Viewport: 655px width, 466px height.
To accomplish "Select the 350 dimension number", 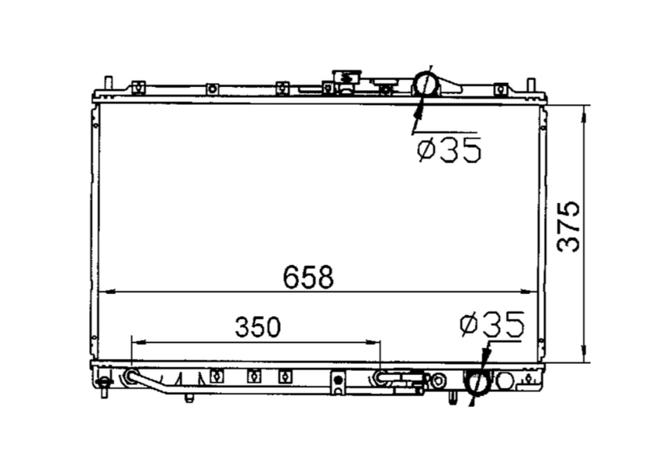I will (258, 328).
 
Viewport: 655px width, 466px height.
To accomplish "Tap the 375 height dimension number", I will (569, 226).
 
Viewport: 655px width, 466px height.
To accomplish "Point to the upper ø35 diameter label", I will (449, 150).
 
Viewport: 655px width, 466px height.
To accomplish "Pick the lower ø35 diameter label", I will (492, 324).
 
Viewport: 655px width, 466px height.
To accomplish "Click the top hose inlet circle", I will (425, 84).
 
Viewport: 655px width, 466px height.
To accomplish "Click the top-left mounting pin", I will (108, 84).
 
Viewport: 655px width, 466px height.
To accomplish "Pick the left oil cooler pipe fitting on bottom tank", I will (130, 376).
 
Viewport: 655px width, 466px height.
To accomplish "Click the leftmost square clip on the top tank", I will (138, 88).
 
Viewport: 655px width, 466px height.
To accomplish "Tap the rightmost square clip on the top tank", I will (500, 88).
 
